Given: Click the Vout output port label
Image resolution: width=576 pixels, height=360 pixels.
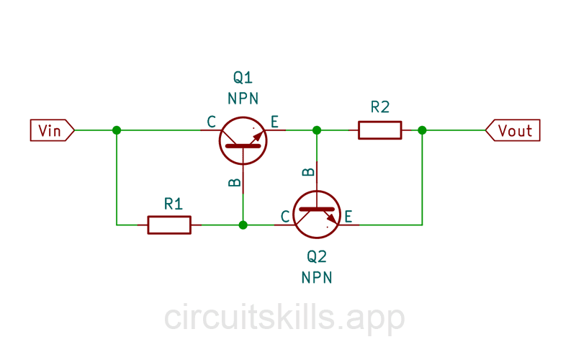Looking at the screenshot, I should [513, 130].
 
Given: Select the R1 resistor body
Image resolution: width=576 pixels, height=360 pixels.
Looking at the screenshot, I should [169, 225].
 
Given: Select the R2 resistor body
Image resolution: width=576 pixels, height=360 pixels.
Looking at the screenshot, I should [379, 130].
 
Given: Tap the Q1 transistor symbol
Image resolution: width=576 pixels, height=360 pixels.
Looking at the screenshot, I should [243, 140].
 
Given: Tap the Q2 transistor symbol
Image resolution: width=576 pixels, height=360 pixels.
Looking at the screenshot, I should [317, 215].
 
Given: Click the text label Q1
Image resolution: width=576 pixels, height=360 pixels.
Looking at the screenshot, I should [243, 78].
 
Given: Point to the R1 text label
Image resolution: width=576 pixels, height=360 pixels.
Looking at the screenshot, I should [174, 204].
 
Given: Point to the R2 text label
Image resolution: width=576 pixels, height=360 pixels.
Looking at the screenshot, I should [380, 107].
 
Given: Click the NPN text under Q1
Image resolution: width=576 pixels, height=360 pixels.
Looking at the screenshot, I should [243, 99].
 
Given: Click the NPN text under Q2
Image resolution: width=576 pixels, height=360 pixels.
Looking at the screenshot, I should [317, 277].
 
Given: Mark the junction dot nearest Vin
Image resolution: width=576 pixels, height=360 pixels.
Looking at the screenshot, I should [117, 130].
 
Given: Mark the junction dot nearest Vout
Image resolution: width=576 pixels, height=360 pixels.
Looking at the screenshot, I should [422, 130].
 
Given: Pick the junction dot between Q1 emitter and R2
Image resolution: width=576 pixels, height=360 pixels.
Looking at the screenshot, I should [316, 130].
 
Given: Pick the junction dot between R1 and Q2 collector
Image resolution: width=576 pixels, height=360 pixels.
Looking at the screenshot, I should [243, 225].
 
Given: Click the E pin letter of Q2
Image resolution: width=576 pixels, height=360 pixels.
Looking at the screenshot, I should [348, 216].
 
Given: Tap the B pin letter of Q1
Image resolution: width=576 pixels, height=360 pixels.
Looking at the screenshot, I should [234, 183].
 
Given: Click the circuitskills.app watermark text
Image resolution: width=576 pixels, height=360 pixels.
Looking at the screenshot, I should [284, 317].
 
